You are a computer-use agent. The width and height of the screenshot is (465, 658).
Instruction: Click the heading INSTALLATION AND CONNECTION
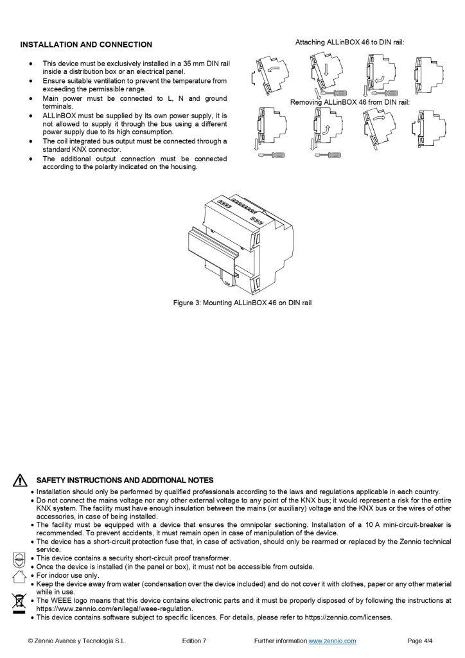(86, 45)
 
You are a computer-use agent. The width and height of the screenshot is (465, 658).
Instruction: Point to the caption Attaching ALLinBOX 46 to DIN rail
(349, 42)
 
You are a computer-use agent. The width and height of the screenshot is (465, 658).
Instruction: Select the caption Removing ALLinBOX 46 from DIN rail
(349, 102)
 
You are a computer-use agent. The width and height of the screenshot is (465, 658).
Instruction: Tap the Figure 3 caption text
(242, 303)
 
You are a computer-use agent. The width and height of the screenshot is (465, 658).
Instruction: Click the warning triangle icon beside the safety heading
(21, 481)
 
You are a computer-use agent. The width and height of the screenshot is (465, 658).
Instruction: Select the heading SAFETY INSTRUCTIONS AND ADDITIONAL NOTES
(125, 481)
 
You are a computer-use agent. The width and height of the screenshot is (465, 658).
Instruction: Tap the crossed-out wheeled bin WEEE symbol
(19, 603)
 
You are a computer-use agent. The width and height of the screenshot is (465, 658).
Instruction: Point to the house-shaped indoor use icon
(19, 576)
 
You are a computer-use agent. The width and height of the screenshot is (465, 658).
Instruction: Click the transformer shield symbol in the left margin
(19, 559)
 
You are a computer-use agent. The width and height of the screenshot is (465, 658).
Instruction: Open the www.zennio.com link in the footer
(332, 641)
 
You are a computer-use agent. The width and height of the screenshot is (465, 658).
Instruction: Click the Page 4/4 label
(420, 641)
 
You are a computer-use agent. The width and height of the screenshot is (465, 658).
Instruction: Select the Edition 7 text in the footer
(194, 641)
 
